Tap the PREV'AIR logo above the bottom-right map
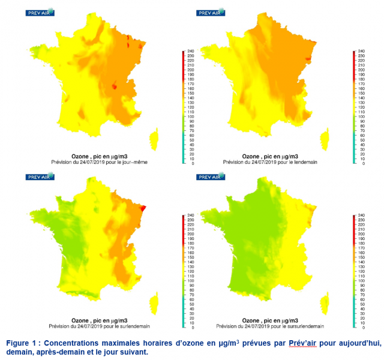tap(212, 176)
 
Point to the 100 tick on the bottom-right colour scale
tap(361, 281)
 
